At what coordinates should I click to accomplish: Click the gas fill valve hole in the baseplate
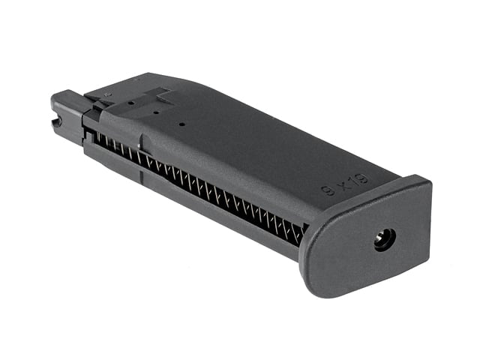pyautogui.click(x=385, y=240)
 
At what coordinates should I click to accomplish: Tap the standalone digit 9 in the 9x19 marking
pyautogui.click(x=329, y=190)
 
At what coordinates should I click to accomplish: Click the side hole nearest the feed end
pyautogui.click(x=131, y=103)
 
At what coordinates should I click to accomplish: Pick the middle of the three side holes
pyautogui.click(x=156, y=113)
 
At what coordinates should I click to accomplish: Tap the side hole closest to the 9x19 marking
pyautogui.click(x=181, y=124)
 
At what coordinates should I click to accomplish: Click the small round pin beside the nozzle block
pyautogui.click(x=107, y=95)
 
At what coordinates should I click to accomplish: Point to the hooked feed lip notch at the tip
pyautogui.click(x=57, y=123)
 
